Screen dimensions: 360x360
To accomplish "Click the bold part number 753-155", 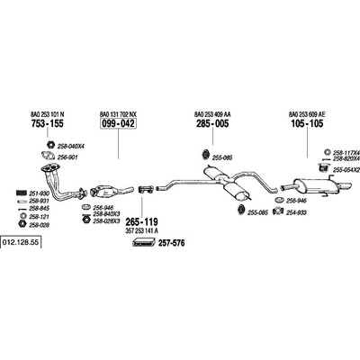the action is click(48, 123).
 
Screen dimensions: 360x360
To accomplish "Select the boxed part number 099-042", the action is click(118, 123).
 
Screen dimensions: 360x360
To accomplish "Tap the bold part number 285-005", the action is click(212, 123).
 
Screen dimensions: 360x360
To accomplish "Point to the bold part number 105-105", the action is click(307, 123).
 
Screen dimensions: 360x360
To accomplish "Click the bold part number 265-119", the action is click(141, 222).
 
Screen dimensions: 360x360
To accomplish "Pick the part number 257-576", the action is click(171, 243).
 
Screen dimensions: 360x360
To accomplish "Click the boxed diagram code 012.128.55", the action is click(21, 242).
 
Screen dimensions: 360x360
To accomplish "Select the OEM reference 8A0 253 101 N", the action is click(48, 114).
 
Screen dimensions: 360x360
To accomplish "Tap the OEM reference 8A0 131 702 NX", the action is click(118, 114).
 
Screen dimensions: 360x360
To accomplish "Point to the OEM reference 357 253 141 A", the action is click(141, 230).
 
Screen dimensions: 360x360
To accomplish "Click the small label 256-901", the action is click(67, 157).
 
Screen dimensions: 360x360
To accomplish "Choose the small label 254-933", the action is click(296, 212).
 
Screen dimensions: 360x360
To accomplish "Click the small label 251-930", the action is click(39, 193).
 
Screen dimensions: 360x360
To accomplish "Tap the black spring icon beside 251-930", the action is click(21, 193).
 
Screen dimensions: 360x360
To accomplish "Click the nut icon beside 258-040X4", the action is click(50, 145).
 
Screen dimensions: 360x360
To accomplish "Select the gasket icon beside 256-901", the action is click(48, 156).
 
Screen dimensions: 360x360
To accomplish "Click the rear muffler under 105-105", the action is click(317, 186).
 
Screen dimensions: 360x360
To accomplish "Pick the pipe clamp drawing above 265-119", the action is click(146, 189).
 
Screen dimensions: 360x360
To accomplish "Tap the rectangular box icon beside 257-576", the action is click(144, 242).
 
